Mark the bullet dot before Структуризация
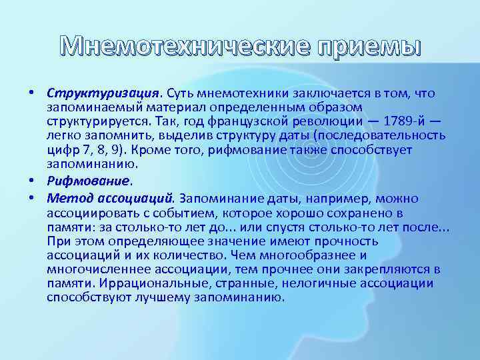[32, 93]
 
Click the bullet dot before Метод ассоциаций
[32, 198]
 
